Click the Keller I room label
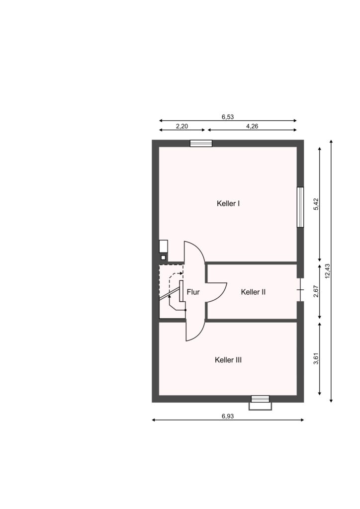[x=228, y=203]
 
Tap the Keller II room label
[x=253, y=292]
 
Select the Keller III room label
[x=228, y=360]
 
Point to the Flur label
[x=193, y=292]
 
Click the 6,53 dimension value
[x=228, y=117]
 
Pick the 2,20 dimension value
[x=182, y=126]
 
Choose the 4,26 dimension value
[x=252, y=126]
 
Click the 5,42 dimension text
[x=316, y=204]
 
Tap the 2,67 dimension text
[x=316, y=291]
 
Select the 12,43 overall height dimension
[x=327, y=271]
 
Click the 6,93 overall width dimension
[x=228, y=416]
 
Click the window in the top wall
[x=201, y=143]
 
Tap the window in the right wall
[x=300, y=207]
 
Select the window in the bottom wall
[x=261, y=399]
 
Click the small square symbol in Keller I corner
[x=163, y=257]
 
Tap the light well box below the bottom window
[x=261, y=407]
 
